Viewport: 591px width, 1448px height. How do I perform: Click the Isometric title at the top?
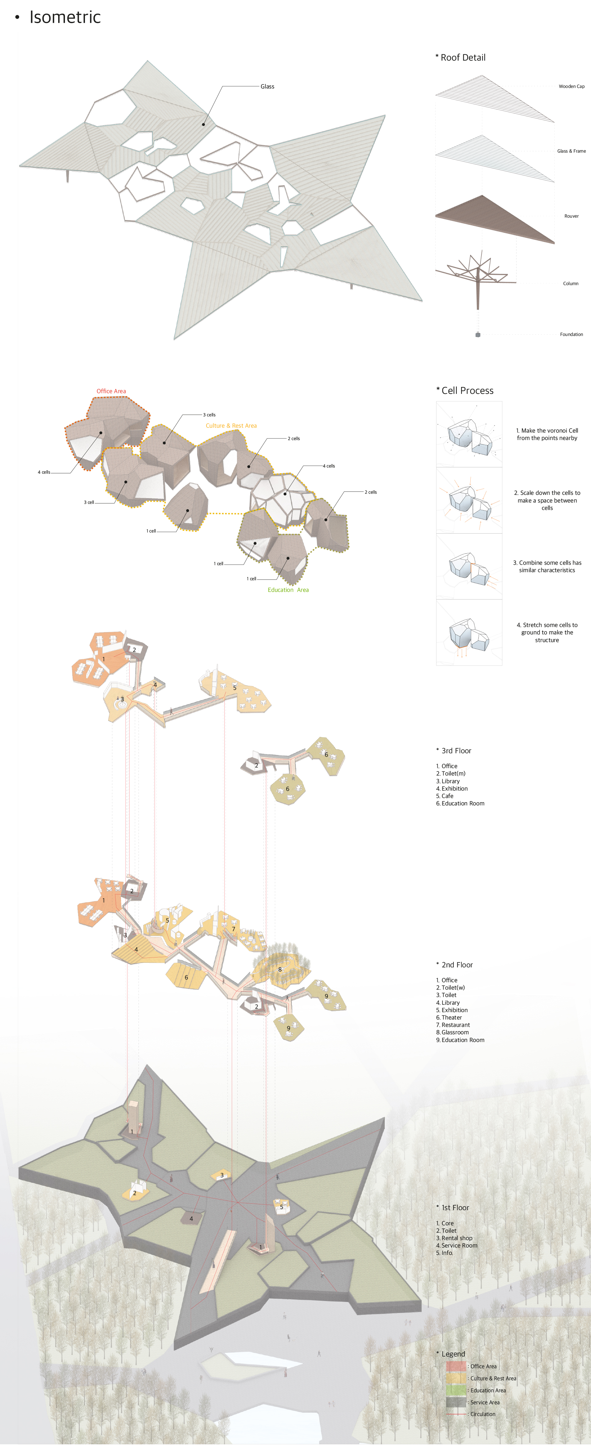click(x=65, y=18)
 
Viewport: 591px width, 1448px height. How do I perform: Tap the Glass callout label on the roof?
click(x=267, y=87)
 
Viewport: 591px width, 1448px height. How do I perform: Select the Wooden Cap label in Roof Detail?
click(x=571, y=87)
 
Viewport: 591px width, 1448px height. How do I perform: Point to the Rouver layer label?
click(x=571, y=216)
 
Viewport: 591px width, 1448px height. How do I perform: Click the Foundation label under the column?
click(x=571, y=335)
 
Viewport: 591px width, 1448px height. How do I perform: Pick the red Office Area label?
click(x=111, y=391)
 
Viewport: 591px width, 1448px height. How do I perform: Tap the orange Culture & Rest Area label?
click(x=231, y=425)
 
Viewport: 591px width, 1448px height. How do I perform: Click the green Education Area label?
click(x=288, y=590)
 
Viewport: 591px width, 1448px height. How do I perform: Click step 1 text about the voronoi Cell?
click(x=547, y=434)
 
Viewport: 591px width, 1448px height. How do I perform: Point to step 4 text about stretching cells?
click(x=547, y=632)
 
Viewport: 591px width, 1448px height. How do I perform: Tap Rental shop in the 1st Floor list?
click(x=455, y=1238)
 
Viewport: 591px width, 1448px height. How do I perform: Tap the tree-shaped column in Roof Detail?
click(x=477, y=278)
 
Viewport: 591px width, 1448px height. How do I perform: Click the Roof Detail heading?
click(x=461, y=57)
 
